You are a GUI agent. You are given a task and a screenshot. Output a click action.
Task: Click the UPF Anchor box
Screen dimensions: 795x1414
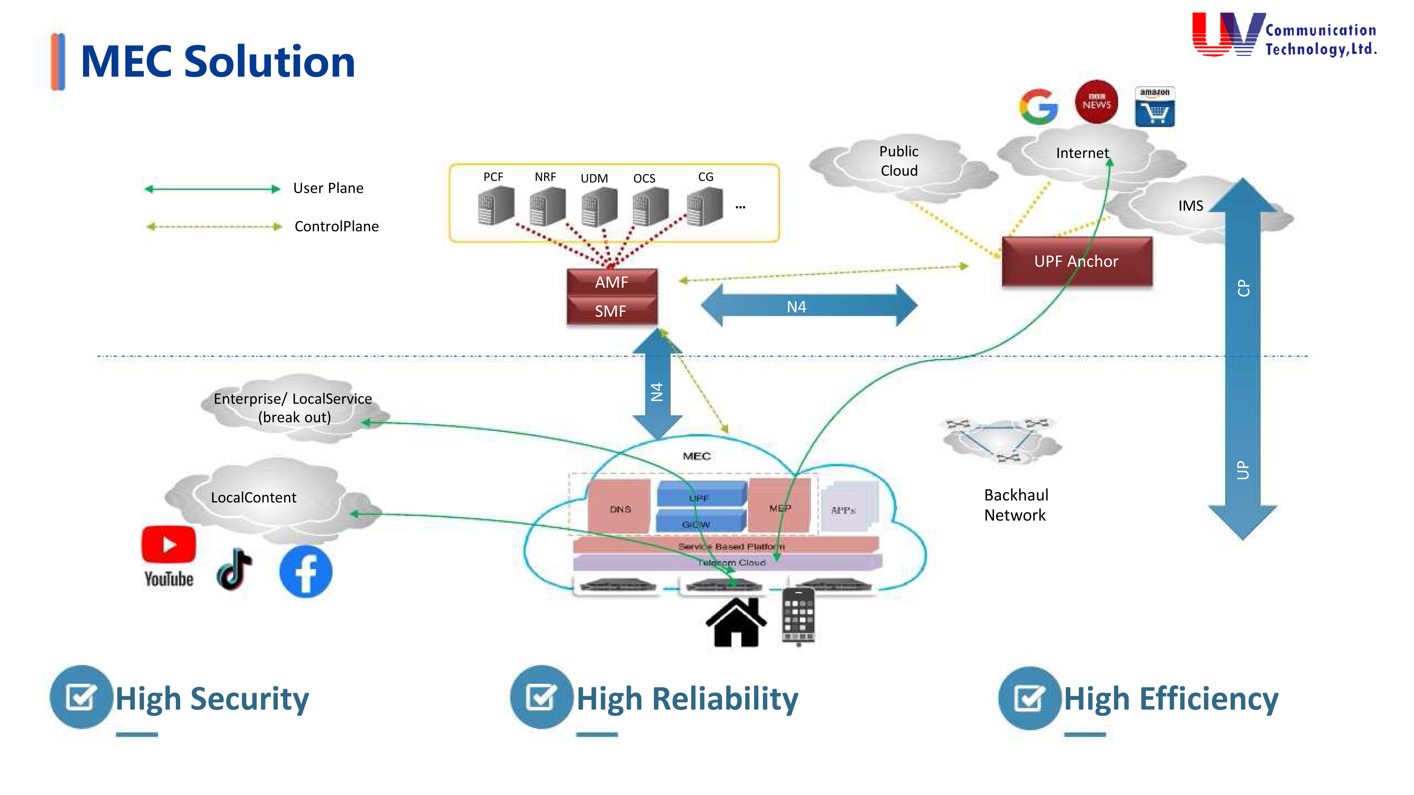click(x=1076, y=262)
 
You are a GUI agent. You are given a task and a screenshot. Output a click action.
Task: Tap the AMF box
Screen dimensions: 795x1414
click(x=611, y=282)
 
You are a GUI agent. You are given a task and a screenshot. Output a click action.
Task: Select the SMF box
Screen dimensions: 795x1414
click(x=611, y=311)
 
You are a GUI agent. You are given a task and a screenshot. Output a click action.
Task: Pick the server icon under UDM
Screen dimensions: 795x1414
click(x=599, y=206)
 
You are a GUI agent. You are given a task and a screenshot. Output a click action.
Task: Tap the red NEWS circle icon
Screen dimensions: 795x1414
click(x=1096, y=102)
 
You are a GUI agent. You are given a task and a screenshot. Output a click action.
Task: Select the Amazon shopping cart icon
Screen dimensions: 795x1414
click(x=1155, y=107)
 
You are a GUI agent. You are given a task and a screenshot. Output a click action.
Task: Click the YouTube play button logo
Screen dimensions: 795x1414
click(x=168, y=544)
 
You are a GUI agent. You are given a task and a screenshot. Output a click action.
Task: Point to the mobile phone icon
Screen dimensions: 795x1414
click(x=798, y=616)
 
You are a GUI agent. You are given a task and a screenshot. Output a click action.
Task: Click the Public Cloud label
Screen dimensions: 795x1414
click(x=898, y=161)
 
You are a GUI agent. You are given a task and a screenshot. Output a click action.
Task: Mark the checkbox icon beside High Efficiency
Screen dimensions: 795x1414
click(x=1029, y=698)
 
